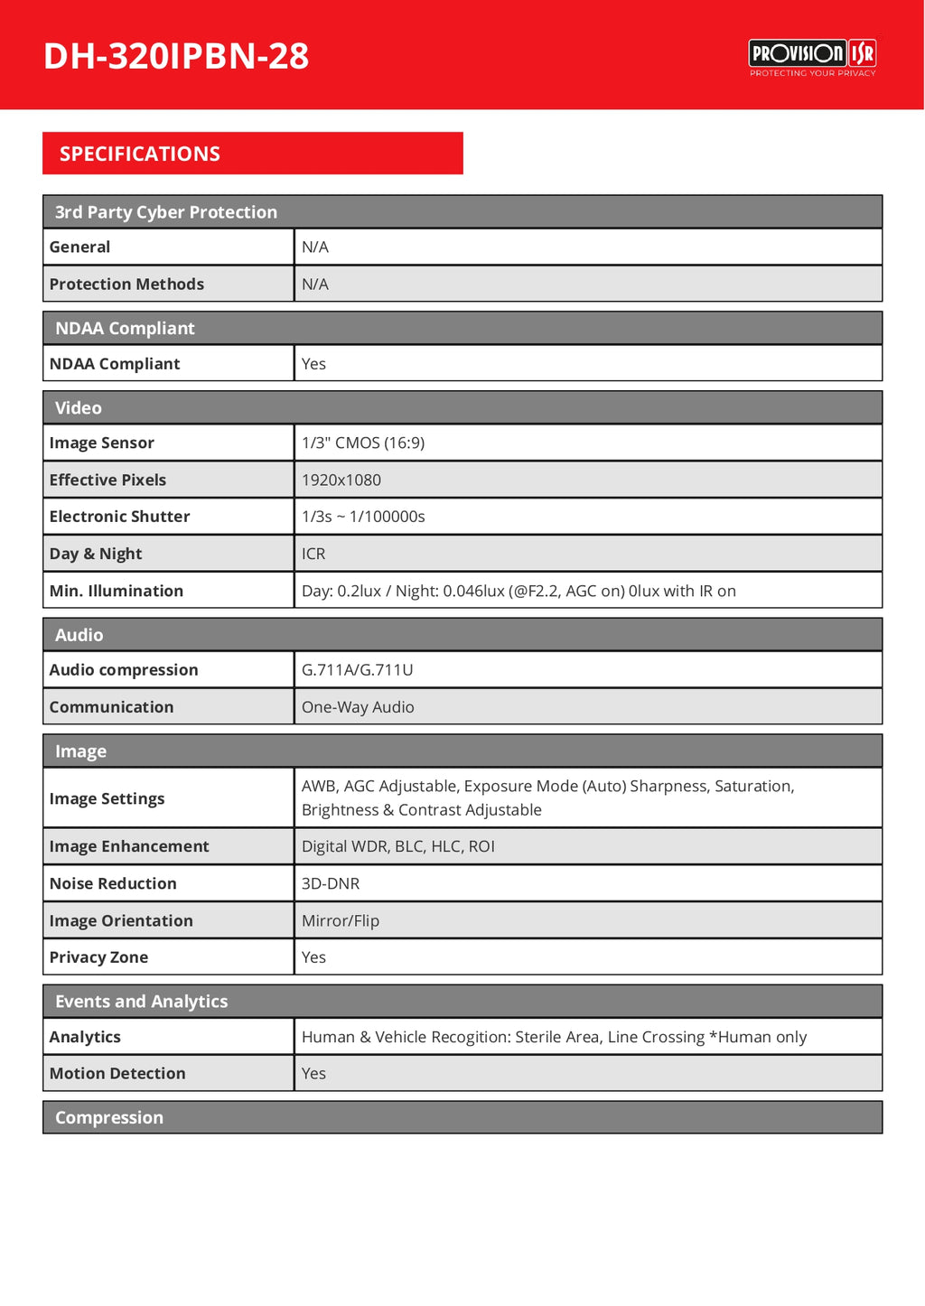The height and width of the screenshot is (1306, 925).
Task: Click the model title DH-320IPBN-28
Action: pyautogui.click(x=176, y=56)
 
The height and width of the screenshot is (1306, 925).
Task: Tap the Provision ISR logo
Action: pyautogui.click(x=812, y=58)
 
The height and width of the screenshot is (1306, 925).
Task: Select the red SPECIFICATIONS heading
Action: pyautogui.click(x=140, y=154)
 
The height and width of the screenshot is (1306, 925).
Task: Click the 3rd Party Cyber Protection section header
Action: pyautogui.click(x=166, y=212)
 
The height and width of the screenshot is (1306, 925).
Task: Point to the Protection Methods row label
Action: pyautogui.click(x=126, y=284)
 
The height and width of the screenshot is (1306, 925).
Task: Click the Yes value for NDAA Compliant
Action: pyautogui.click(x=313, y=364)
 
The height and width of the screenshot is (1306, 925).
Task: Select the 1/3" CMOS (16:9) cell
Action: pyautogui.click(x=363, y=443)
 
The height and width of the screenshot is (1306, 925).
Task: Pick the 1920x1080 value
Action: pyautogui.click(x=341, y=480)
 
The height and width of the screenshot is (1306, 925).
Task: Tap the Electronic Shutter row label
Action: pyautogui.click(x=119, y=517)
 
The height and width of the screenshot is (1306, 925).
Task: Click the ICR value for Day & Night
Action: pyautogui.click(x=313, y=554)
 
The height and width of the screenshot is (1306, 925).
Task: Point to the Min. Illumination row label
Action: pyautogui.click(x=117, y=591)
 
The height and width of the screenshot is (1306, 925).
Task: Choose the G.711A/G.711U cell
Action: pyautogui.click(x=358, y=670)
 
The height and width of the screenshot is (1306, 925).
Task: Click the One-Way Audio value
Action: pyautogui.click(x=358, y=707)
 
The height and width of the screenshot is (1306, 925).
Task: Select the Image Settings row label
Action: pyautogui.click(x=107, y=798)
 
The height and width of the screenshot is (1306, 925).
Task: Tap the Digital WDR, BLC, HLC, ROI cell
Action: pyautogui.click(x=398, y=846)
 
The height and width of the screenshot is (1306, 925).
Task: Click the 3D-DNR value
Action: pyautogui.click(x=331, y=883)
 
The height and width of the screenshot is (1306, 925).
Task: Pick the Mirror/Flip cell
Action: pyautogui.click(x=341, y=920)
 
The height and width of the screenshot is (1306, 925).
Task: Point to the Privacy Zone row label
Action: pyautogui.click(x=98, y=957)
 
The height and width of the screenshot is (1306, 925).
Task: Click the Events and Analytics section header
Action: pyautogui.click(x=141, y=1002)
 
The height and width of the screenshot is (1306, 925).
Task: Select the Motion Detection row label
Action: pyautogui.click(x=117, y=1073)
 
